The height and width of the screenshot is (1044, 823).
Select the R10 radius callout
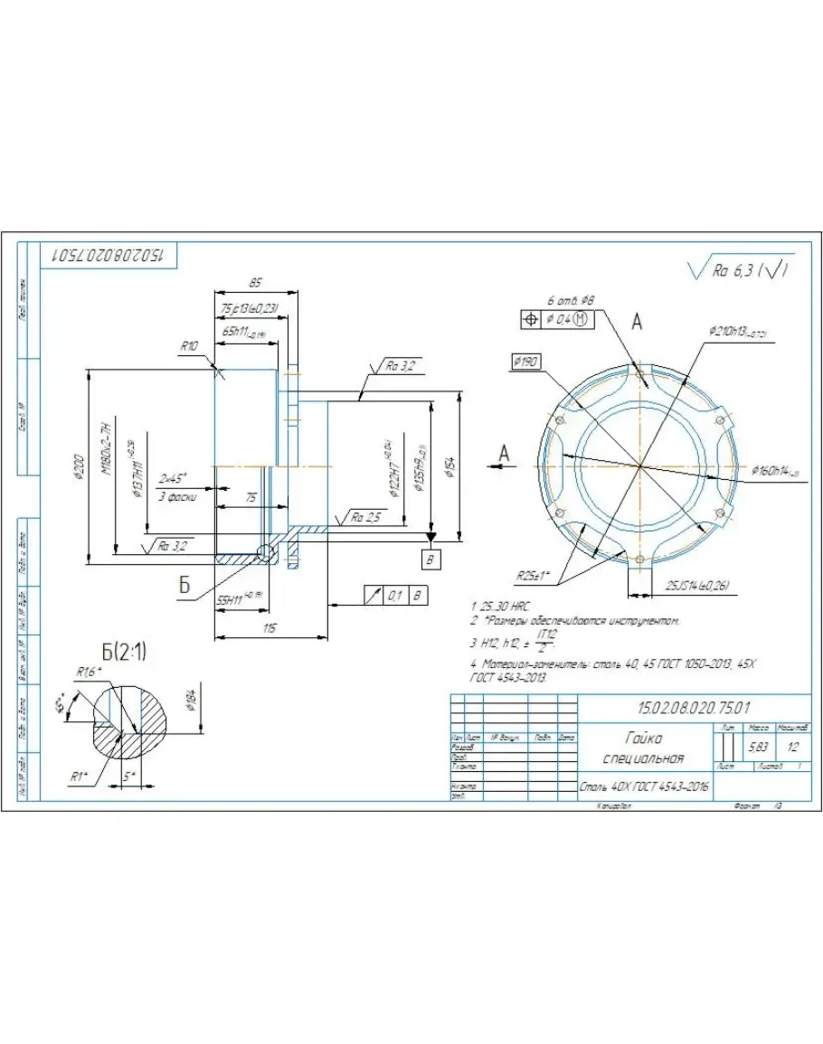[x=189, y=345]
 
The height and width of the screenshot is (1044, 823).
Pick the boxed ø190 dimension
[x=525, y=362]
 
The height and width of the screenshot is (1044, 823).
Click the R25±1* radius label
[x=534, y=575]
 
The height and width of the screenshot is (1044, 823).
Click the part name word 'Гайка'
[x=643, y=738]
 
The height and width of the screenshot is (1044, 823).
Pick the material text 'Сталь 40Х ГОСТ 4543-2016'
[x=644, y=787]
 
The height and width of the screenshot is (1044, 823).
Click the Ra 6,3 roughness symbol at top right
[x=740, y=270]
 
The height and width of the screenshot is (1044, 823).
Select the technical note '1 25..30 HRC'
[x=499, y=604]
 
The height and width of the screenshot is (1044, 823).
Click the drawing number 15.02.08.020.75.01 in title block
[x=694, y=706]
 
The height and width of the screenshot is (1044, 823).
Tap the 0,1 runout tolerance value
[x=394, y=595]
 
